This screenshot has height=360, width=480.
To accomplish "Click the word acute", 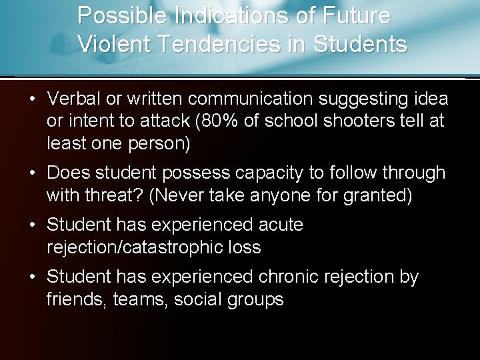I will [281, 224].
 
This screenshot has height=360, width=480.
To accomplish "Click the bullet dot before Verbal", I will [31, 99].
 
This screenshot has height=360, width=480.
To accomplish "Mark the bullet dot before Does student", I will [31, 173].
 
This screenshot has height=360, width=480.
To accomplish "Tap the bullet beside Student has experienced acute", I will [31, 224].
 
